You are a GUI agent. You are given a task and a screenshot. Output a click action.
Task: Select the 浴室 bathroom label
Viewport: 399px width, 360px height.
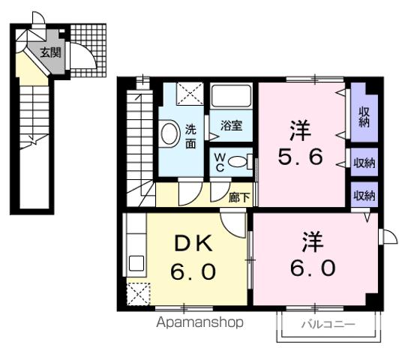click(232, 125)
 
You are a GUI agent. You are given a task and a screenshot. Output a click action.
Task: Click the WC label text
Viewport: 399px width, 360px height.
click(220, 161)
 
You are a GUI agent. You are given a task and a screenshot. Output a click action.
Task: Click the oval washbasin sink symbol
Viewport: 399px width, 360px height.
click(169, 135)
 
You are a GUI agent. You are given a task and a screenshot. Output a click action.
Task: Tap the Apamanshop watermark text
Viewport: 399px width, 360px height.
click(199, 323)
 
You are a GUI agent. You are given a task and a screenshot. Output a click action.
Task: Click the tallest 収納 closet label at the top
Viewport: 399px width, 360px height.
click(364, 117)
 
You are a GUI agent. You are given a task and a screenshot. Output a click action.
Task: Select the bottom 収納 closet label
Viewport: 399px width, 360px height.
click(364, 195)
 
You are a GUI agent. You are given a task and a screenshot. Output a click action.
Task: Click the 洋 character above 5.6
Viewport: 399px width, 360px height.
click(298, 128)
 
